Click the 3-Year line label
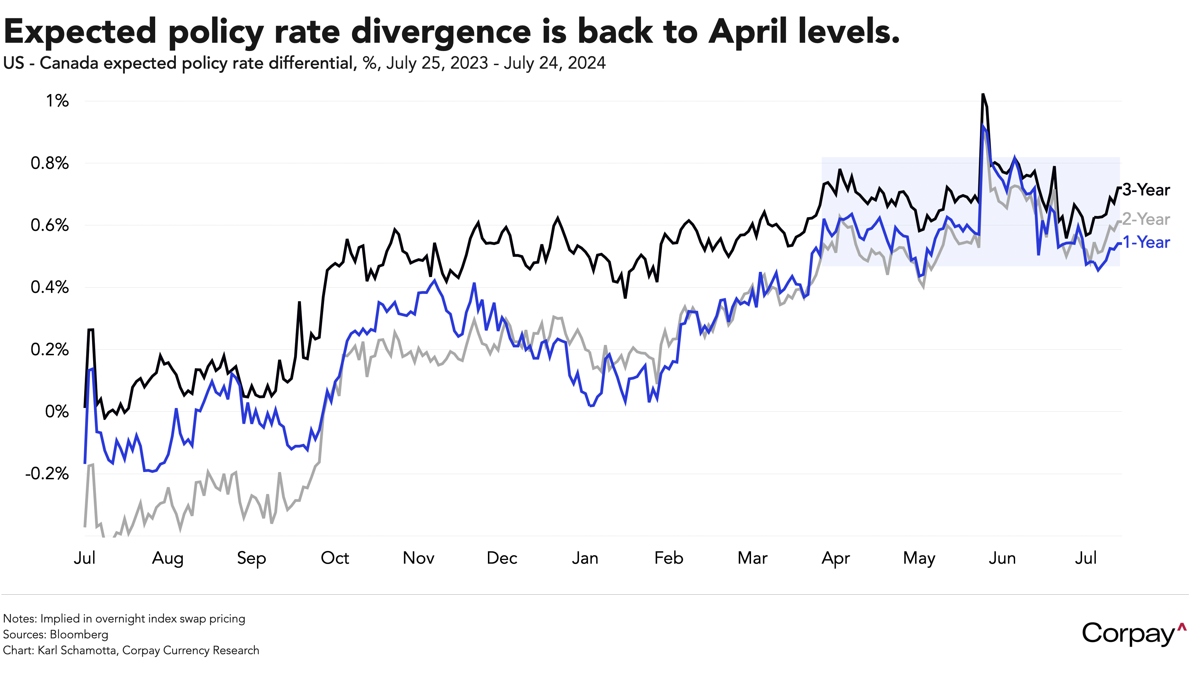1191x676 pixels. [x=1145, y=190]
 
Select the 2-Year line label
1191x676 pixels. [x=1145, y=219]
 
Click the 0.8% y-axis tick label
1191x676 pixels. [x=50, y=163]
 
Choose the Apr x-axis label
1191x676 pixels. [x=835, y=559]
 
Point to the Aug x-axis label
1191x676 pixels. [x=168, y=559]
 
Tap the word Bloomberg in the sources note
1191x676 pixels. [x=79, y=635]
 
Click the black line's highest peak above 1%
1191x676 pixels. [x=982, y=95]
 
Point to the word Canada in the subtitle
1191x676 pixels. [x=69, y=63]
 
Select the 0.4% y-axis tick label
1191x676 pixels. [x=50, y=287]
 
